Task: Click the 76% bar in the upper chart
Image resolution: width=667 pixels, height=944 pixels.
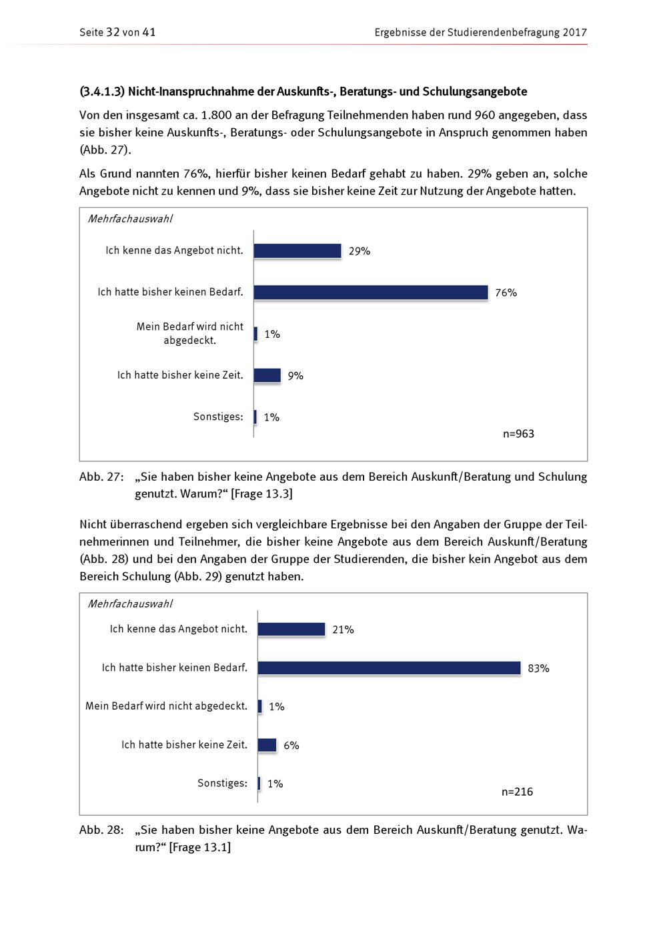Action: pos(371,292)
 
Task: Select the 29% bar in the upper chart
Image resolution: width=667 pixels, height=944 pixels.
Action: pos(297,251)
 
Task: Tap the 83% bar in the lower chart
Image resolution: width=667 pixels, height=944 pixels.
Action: pos(389,668)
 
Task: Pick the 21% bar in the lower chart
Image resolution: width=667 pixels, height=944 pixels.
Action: pos(291,629)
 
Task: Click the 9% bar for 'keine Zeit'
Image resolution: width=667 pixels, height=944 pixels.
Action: pos(267,375)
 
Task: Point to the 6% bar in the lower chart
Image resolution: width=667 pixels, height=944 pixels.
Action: pos(267,745)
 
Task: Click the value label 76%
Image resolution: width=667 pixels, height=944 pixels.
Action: pos(506,293)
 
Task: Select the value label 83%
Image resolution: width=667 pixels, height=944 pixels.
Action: pos(538,668)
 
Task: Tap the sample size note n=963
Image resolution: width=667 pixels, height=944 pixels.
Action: pos(518,434)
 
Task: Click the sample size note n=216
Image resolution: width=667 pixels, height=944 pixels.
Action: pos(517,792)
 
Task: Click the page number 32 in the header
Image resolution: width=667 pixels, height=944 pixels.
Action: pos(113,32)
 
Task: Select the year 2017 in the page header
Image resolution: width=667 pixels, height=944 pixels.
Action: pos(574,32)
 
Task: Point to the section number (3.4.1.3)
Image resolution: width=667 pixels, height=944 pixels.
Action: pos(102,91)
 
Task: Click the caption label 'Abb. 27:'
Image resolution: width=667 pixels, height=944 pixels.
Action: pos(101,477)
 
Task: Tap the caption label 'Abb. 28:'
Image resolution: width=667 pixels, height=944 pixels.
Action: pos(101,830)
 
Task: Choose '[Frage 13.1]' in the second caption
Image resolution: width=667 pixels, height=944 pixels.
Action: pos(200,847)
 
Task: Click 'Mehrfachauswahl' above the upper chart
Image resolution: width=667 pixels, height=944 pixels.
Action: pos(130,219)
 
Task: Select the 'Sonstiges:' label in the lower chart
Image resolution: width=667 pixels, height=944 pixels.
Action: pos(222,783)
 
